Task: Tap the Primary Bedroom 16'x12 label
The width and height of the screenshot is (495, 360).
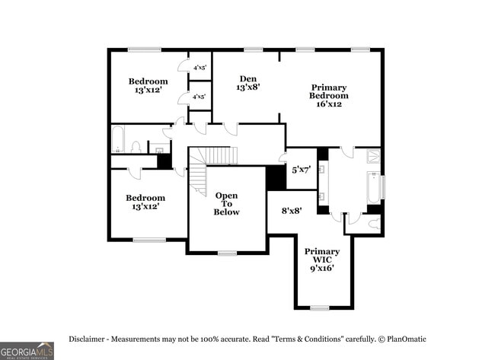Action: (x=329, y=95)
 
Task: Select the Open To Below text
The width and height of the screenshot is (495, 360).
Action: (x=226, y=203)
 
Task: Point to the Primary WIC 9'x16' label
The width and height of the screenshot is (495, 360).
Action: (x=322, y=260)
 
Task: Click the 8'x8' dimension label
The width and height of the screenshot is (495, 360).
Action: (x=292, y=211)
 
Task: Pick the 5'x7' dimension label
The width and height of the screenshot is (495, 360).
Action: (x=300, y=170)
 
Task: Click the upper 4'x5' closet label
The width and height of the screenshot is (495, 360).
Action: (x=200, y=68)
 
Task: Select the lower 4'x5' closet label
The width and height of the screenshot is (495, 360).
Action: (x=200, y=97)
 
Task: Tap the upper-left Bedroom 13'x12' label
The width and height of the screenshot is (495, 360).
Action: (x=148, y=86)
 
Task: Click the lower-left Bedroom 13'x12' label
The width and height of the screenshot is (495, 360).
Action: (x=145, y=202)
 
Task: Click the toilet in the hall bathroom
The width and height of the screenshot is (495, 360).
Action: (x=136, y=146)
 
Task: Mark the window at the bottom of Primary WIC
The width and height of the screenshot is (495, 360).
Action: (x=320, y=307)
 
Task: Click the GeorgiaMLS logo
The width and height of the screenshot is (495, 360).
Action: (x=27, y=350)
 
